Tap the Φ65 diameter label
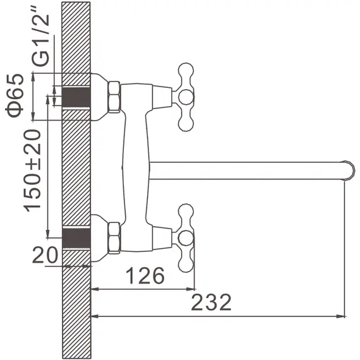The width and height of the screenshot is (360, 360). (15, 95)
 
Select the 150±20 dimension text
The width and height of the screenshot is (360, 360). (32, 171)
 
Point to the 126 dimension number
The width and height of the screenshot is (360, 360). (145, 275)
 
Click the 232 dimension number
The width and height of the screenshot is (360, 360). (211, 302)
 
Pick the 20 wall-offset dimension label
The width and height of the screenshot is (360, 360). (45, 255)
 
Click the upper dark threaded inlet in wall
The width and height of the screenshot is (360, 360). (76, 97)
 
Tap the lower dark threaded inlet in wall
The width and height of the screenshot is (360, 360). (76, 238)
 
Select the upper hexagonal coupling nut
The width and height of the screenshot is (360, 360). (114, 97)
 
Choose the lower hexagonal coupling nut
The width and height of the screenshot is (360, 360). (114, 238)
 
